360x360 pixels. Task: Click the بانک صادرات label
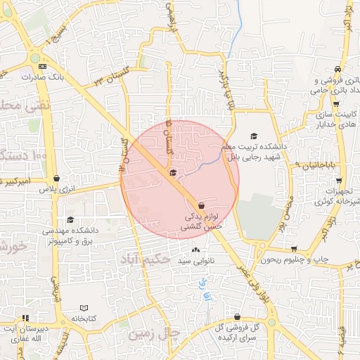(67, 77)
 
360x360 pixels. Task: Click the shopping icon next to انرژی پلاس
(56, 179)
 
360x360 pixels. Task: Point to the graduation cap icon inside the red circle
(173, 173)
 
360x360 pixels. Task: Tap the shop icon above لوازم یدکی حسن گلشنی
(201, 205)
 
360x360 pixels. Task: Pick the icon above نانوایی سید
(195, 250)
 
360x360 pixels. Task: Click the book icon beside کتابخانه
(84, 308)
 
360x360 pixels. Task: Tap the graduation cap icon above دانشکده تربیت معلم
(254, 136)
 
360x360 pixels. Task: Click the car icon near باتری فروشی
(338, 69)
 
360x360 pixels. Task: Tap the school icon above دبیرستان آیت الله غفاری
(25, 318)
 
